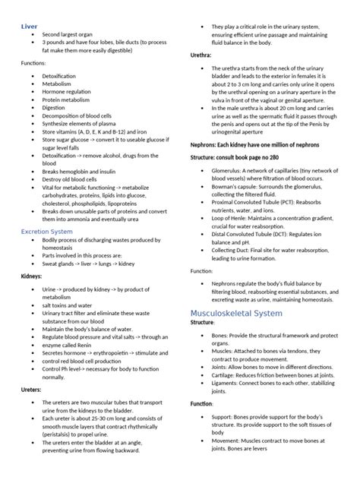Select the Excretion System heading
click(47, 231)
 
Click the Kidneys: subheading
click(32, 277)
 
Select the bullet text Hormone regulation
click(69, 91)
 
